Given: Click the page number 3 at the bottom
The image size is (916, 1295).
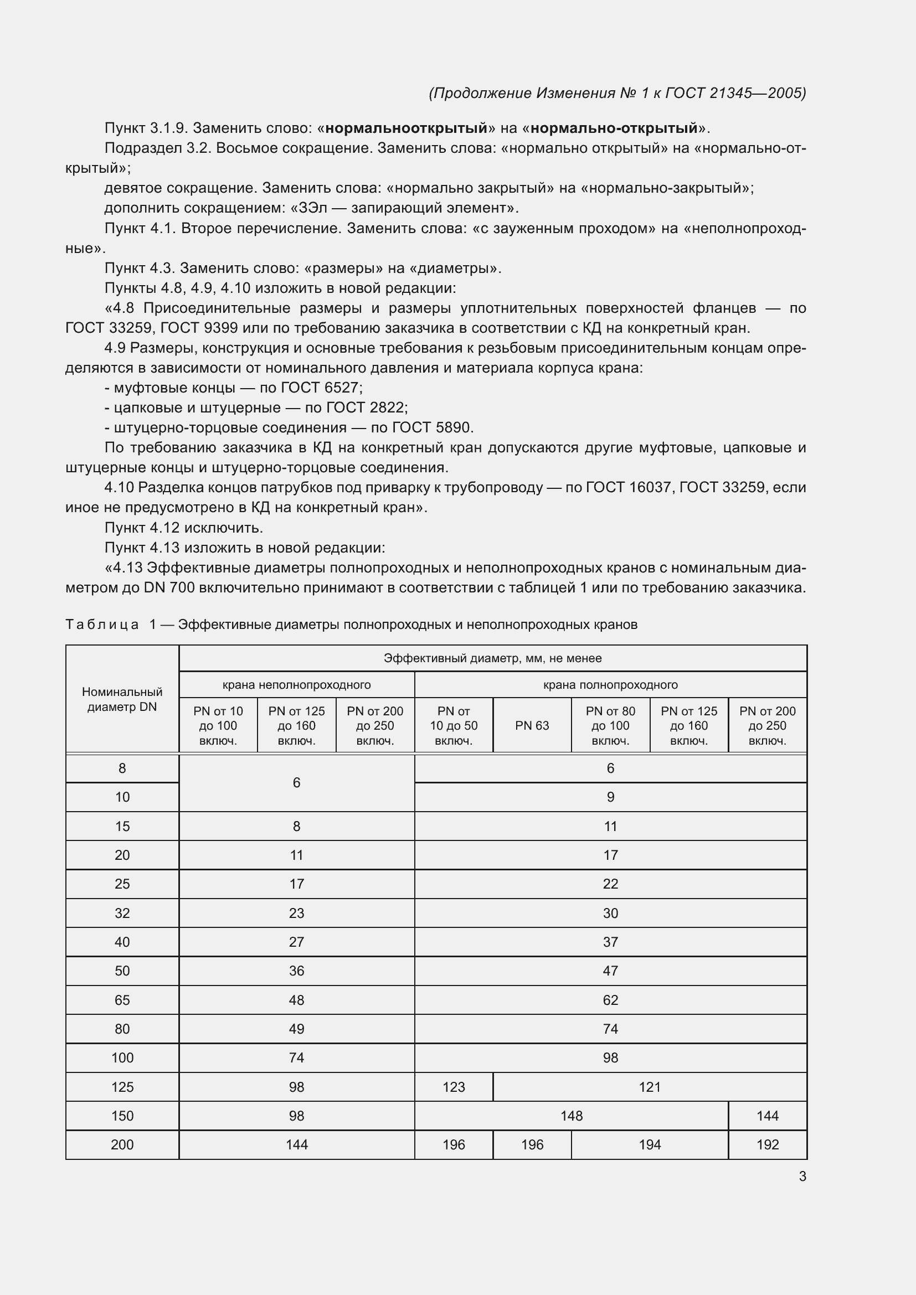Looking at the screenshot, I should [x=802, y=1177].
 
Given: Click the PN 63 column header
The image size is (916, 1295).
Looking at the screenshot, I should [x=531, y=725].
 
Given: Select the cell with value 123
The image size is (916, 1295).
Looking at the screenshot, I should [x=454, y=1087].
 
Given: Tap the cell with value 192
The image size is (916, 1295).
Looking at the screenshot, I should [x=767, y=1144].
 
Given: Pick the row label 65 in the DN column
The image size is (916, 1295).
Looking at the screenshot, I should [x=122, y=1000].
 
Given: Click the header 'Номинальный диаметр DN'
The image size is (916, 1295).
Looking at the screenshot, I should [x=122, y=699].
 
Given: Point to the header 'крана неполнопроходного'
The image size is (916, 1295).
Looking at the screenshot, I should [x=296, y=685].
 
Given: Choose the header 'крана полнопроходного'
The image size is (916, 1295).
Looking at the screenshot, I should [x=610, y=685].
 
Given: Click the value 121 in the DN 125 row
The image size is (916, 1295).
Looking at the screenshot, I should [x=649, y=1087].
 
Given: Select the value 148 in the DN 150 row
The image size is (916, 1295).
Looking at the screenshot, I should [x=571, y=1116].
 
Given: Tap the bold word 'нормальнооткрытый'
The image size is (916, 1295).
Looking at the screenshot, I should [x=406, y=128].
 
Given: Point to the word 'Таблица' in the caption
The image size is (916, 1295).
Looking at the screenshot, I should [x=102, y=625].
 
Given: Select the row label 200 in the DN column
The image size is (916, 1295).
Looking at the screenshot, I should [x=122, y=1144].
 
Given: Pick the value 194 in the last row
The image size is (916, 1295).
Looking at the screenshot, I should [x=649, y=1144].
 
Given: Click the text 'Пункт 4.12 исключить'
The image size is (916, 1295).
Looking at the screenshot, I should [x=184, y=528].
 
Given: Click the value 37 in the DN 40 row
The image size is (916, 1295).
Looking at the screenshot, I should [x=610, y=942].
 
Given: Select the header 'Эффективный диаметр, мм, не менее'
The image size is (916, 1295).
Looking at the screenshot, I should [x=492, y=658].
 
